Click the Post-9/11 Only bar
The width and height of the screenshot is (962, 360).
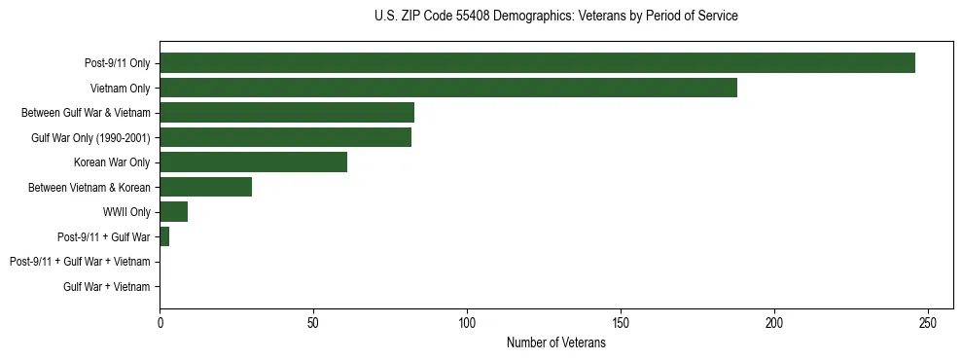coord(537,63)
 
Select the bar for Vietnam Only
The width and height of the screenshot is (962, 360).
coord(448,88)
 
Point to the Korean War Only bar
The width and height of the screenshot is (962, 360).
coord(253,162)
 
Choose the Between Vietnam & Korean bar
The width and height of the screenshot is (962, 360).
coord(205,187)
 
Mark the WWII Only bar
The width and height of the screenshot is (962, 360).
coord(173,212)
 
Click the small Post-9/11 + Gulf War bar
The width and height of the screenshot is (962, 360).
coord(164,236)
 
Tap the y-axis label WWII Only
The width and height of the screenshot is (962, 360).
coord(126,212)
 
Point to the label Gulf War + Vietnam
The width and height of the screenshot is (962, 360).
coord(107,286)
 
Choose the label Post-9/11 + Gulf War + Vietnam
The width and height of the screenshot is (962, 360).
coord(80,262)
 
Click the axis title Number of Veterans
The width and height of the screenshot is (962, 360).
coord(555,342)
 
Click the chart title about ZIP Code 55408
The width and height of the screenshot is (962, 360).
coord(555,17)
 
